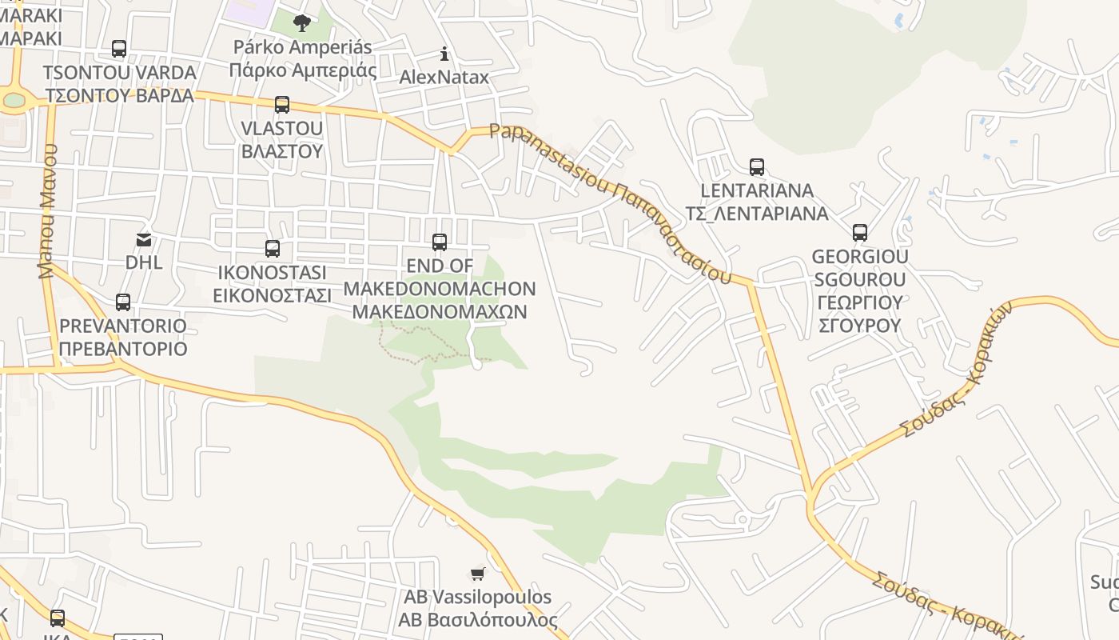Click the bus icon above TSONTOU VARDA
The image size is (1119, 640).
click(x=119, y=49)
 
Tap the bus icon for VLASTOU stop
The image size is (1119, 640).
click(x=281, y=105)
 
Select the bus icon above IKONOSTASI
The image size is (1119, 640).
click(x=273, y=249)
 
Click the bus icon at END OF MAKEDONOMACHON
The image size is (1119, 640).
click(x=439, y=242)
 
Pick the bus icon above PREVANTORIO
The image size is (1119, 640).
click(x=123, y=302)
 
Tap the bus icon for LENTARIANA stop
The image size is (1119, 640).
click(x=757, y=167)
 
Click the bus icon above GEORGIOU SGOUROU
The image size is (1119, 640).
click(x=860, y=233)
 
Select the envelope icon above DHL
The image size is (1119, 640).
click(x=144, y=239)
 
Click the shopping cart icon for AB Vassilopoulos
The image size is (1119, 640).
click(x=478, y=574)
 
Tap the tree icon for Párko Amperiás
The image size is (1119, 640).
click(x=302, y=22)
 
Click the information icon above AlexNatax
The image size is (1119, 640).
click(x=444, y=54)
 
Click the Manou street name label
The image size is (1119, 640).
click(x=49, y=211)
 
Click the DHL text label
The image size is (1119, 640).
click(x=144, y=262)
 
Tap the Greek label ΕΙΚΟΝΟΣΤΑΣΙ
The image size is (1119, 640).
click(x=272, y=295)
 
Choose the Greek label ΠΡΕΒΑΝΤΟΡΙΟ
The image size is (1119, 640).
click(x=123, y=349)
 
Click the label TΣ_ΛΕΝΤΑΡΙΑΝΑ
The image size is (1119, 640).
click(x=757, y=214)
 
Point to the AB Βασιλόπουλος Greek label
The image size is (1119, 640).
click(x=478, y=620)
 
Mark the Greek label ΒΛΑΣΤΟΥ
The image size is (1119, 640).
click(x=281, y=151)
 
